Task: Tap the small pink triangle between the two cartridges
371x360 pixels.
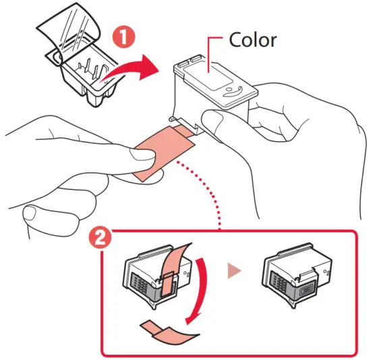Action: (x=233, y=272)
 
